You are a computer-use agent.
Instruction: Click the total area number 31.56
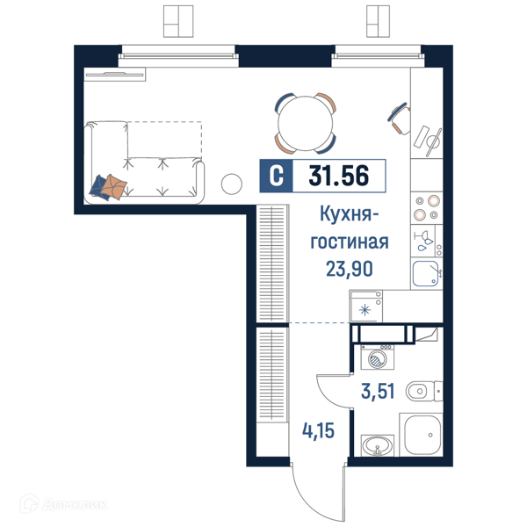[x=338, y=176]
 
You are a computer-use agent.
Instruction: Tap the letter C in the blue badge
[x=277, y=176]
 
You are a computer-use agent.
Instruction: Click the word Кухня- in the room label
[x=349, y=215]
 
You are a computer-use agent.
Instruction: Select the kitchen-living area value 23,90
[x=350, y=270]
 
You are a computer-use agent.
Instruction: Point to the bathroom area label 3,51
[x=378, y=391]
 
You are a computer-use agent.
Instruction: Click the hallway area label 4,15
[x=318, y=431]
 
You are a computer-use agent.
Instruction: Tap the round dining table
[x=305, y=123]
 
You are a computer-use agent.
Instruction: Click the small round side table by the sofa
[x=232, y=184]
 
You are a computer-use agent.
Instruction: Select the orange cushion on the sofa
[x=114, y=186]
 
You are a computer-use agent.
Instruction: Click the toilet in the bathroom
[x=424, y=391]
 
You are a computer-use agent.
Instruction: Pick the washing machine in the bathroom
[x=377, y=357]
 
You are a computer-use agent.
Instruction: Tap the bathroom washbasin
[x=377, y=445]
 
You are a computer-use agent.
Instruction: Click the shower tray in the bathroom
[x=422, y=435]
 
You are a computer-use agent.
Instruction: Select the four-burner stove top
[x=427, y=208]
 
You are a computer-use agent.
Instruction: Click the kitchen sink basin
[x=426, y=273]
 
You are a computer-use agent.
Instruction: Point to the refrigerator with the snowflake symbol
[x=365, y=307]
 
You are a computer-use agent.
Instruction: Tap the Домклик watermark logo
[x=63, y=504]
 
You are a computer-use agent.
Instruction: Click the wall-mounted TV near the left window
[x=114, y=75]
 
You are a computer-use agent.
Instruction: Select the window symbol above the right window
[x=378, y=21]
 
